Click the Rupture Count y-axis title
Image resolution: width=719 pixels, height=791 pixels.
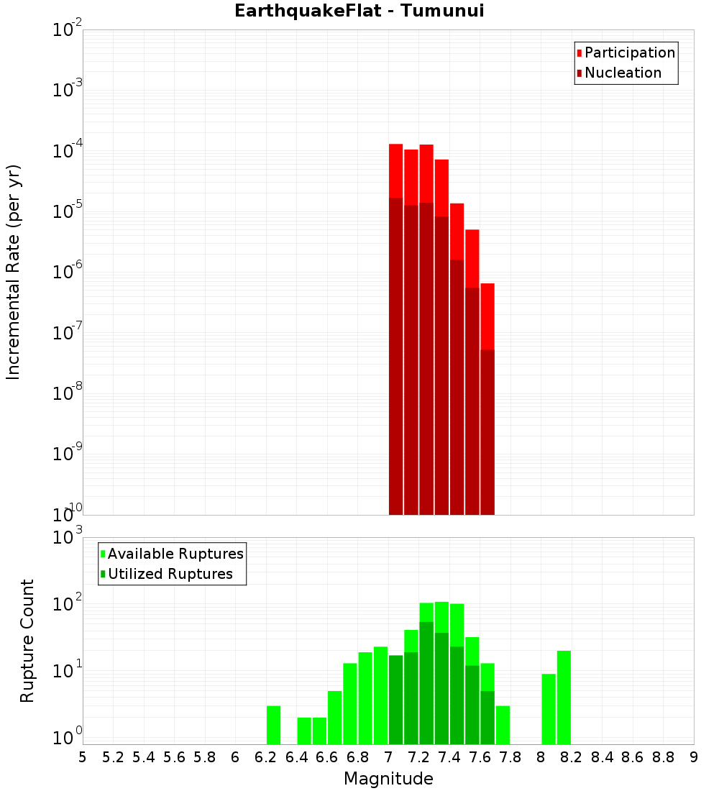(x=27, y=640)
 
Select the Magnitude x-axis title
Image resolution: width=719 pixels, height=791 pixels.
(x=388, y=779)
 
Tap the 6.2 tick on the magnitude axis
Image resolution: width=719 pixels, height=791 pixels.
(x=266, y=757)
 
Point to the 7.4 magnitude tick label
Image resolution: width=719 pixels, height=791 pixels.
(x=449, y=757)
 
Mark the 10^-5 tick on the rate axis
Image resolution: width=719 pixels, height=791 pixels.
(x=66, y=211)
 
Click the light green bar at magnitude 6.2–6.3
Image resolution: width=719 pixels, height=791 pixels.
(x=273, y=725)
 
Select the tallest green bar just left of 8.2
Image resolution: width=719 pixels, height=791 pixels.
(x=564, y=697)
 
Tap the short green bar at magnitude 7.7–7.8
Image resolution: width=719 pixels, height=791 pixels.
(x=503, y=725)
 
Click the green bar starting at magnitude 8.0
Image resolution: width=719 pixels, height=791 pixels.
(x=549, y=708)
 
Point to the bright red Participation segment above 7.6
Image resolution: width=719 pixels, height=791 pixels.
(x=487, y=316)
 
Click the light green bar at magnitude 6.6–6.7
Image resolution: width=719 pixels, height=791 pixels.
(x=334, y=717)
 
